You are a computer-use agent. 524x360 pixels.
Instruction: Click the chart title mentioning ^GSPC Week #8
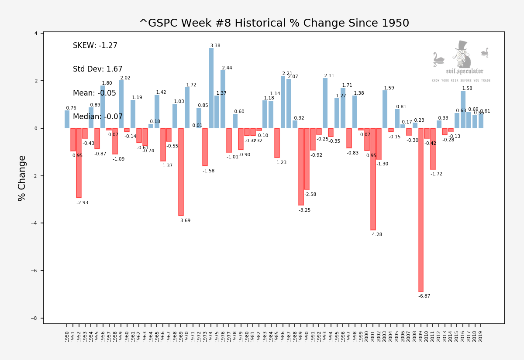(x=274, y=24)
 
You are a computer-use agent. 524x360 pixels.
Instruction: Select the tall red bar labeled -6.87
(x=421, y=209)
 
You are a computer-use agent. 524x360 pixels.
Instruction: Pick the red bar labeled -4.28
(x=373, y=179)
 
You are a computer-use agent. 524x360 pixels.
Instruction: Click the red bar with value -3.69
(x=181, y=172)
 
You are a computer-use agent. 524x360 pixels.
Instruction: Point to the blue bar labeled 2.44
(x=223, y=99)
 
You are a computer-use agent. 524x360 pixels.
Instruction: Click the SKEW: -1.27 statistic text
(x=95, y=46)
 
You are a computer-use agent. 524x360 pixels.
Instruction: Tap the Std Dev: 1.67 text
(x=98, y=69)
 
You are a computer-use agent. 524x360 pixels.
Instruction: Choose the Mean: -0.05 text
(x=94, y=93)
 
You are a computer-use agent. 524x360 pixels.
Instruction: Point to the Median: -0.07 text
(x=98, y=117)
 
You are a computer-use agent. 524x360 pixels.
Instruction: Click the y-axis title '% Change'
(x=22, y=178)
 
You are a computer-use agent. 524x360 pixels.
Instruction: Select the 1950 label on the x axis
(x=67, y=336)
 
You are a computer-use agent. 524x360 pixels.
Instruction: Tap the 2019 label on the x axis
(x=481, y=336)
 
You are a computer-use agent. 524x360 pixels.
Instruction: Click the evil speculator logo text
(x=465, y=72)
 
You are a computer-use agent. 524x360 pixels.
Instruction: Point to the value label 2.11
(x=329, y=76)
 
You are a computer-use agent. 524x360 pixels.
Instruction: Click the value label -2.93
(x=83, y=203)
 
